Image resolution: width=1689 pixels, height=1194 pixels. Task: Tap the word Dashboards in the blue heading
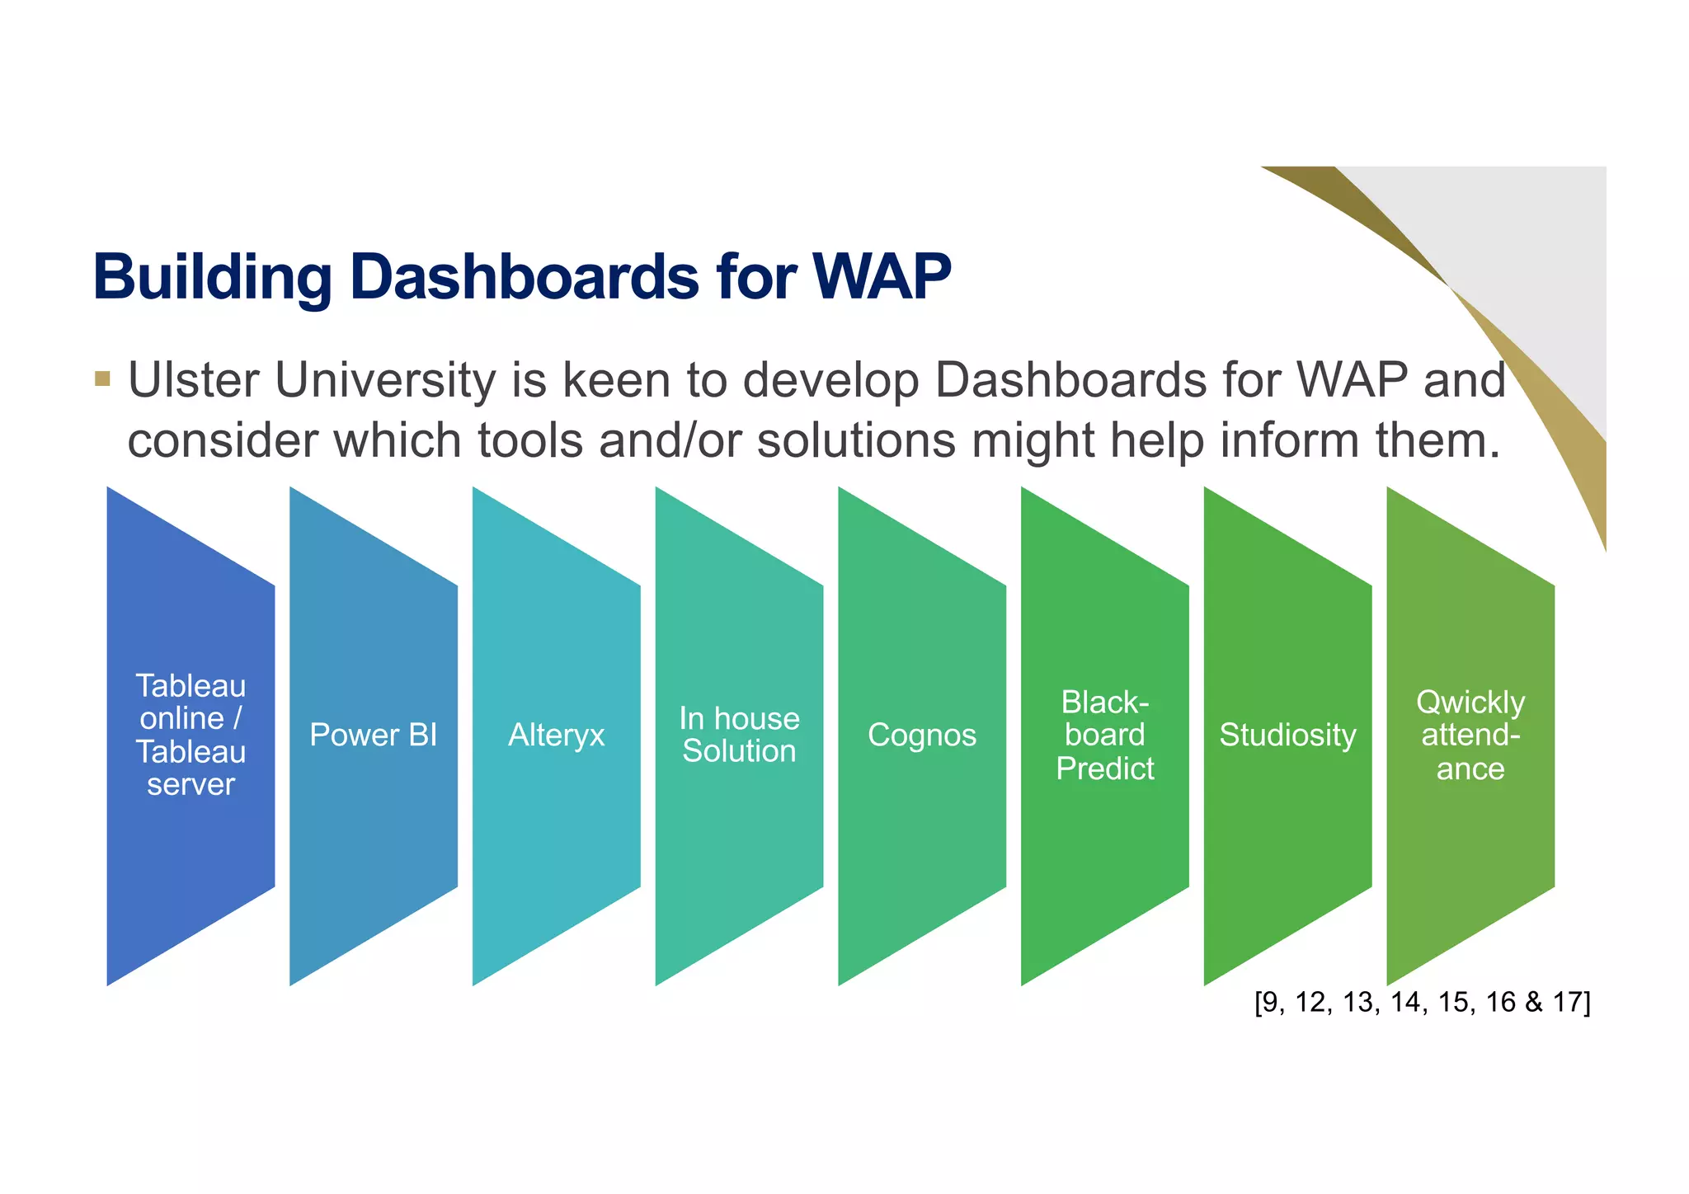point(525,277)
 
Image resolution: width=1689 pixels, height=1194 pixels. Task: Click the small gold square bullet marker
point(102,379)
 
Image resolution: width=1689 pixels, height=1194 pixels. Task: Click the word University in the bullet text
point(385,381)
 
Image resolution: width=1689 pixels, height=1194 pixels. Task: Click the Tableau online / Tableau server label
point(191,735)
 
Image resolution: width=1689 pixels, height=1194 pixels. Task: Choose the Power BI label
point(373,735)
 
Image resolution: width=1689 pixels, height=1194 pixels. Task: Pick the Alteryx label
point(556,735)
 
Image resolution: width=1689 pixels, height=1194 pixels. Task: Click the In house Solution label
point(739,735)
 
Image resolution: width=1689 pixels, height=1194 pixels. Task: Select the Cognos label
point(921,735)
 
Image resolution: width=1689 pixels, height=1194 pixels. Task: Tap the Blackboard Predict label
point(1104,735)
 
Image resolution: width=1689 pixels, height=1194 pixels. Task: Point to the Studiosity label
point(1287,735)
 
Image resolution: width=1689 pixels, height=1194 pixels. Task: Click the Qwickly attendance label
point(1470,735)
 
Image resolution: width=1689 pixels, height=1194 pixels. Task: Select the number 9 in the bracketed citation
point(1271,1002)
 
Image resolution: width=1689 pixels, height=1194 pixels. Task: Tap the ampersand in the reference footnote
point(1533,1002)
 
